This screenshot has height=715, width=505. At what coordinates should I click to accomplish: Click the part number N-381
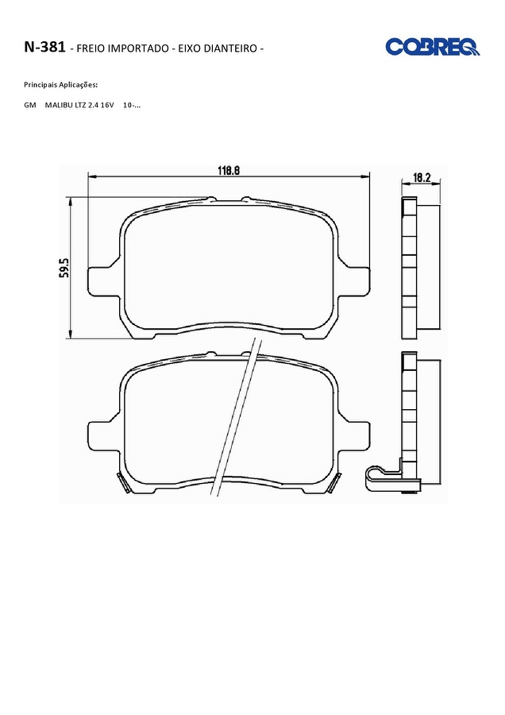click(x=44, y=47)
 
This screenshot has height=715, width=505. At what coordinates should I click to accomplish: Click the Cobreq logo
click(x=432, y=47)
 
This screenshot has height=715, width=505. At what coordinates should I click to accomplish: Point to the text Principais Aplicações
click(x=60, y=85)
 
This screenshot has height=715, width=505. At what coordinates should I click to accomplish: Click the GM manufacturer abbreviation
click(x=30, y=105)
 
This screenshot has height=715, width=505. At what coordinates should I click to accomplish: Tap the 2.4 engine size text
click(x=94, y=105)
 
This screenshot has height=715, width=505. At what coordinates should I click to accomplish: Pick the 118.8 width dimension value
click(x=229, y=171)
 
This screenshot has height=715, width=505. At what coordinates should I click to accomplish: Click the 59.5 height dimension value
click(x=64, y=268)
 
